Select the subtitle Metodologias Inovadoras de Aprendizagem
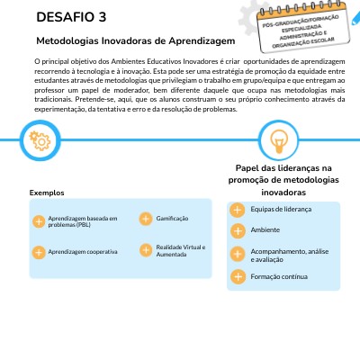(135, 41)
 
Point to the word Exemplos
(47, 193)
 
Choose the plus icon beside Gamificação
(145, 219)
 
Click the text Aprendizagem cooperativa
(83, 252)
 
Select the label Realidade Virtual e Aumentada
(181, 249)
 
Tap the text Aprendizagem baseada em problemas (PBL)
(82, 221)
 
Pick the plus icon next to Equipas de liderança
(237, 210)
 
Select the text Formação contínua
(277, 276)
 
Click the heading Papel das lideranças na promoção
(283, 180)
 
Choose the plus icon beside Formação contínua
(237, 276)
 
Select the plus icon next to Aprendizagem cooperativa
(38, 252)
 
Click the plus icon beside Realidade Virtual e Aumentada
(145, 249)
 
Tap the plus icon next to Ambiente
(237, 230)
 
